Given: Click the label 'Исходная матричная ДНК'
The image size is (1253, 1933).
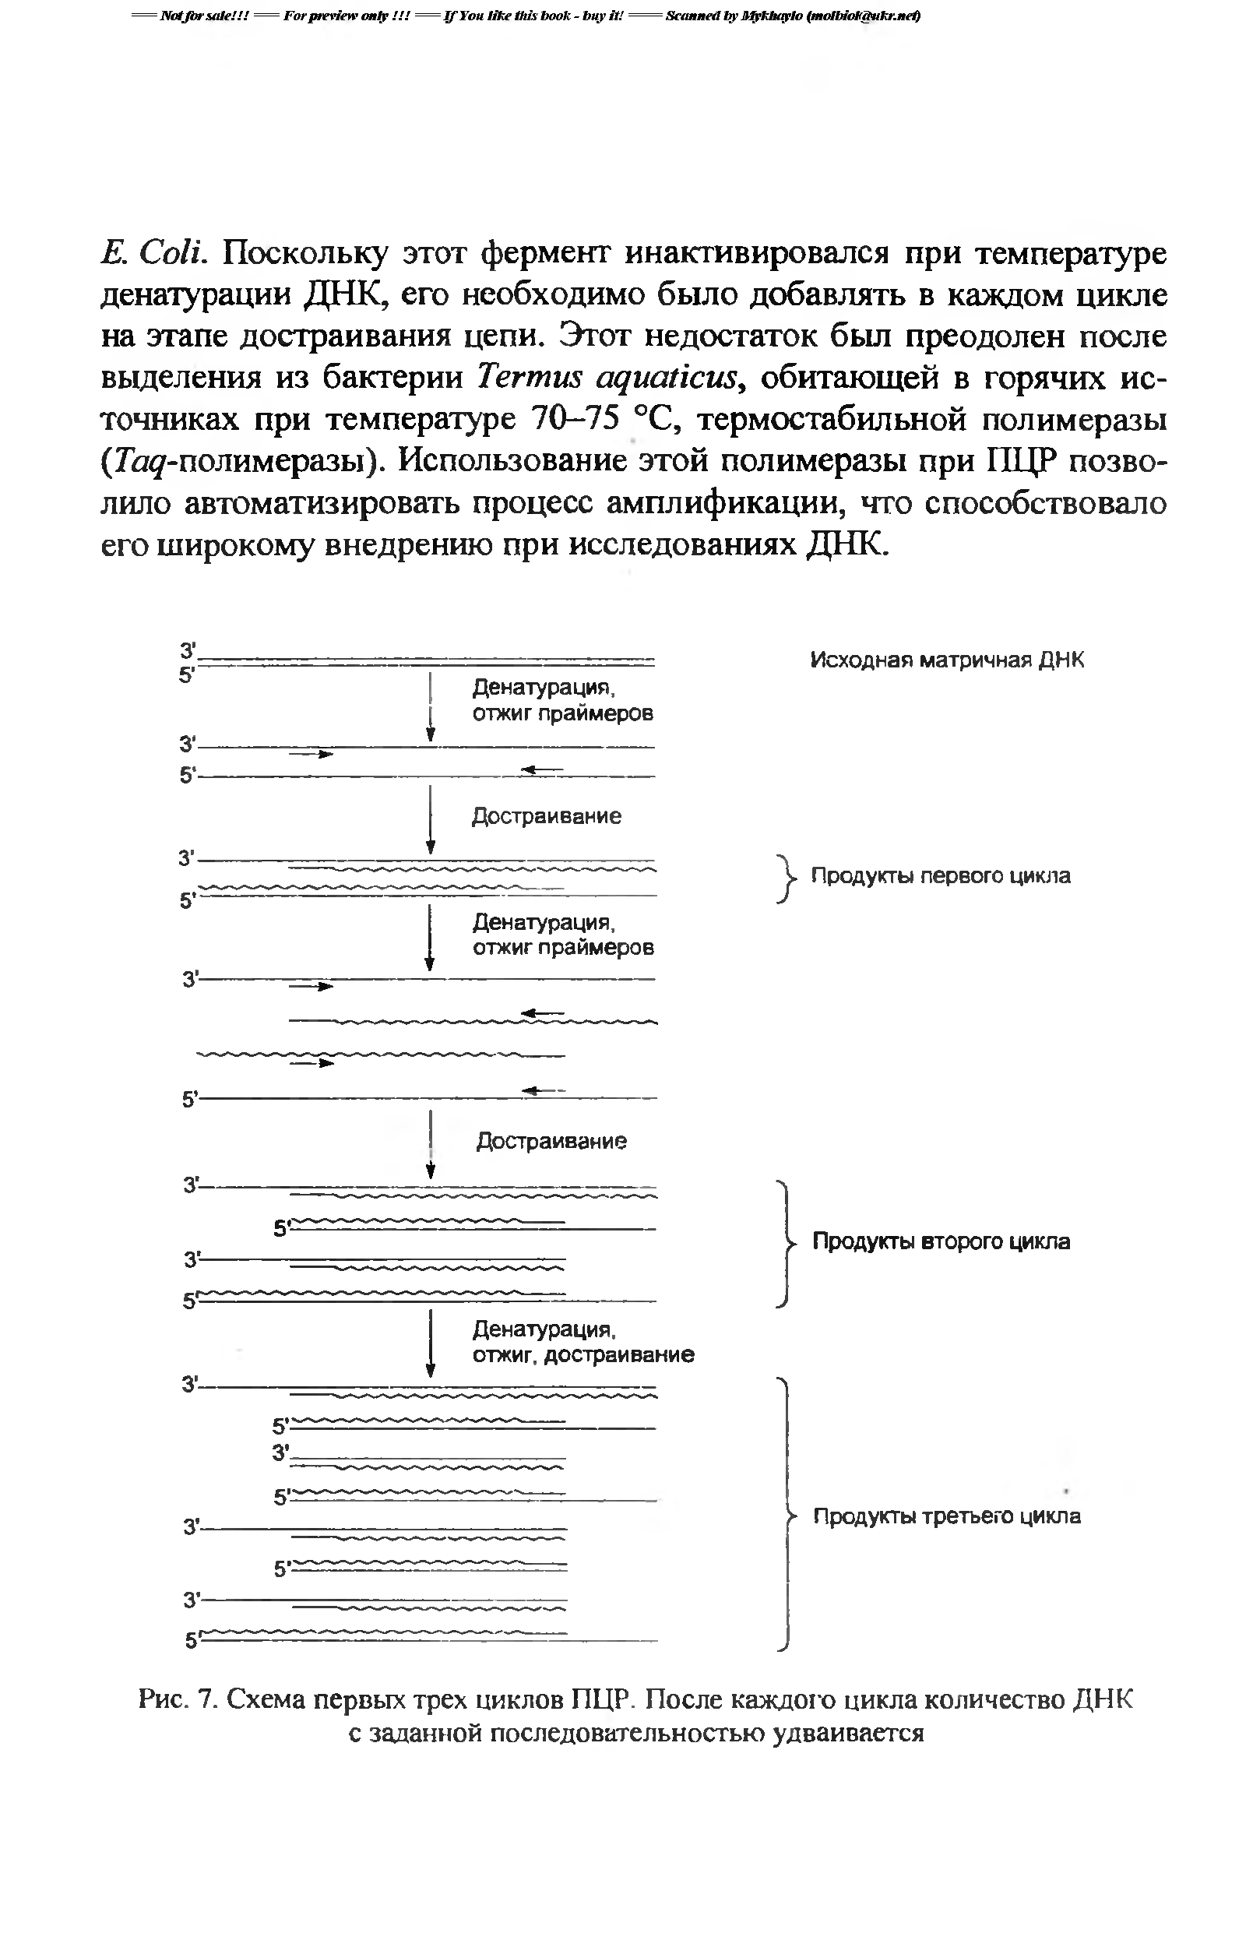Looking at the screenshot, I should (946, 660).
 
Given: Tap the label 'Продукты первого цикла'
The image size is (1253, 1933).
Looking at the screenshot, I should (941, 875).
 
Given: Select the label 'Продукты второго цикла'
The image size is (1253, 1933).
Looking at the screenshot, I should (942, 1241).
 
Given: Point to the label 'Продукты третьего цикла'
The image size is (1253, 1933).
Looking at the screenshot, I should (947, 1516).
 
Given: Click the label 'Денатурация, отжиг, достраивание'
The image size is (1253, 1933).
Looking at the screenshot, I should (583, 1342).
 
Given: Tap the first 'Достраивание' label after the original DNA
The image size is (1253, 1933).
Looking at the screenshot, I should (547, 816).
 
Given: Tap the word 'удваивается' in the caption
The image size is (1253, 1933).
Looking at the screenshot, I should (848, 1733).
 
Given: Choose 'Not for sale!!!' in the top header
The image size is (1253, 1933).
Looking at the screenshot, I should (204, 16).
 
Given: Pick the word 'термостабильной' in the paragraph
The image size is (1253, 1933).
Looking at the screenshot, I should (832, 419).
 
